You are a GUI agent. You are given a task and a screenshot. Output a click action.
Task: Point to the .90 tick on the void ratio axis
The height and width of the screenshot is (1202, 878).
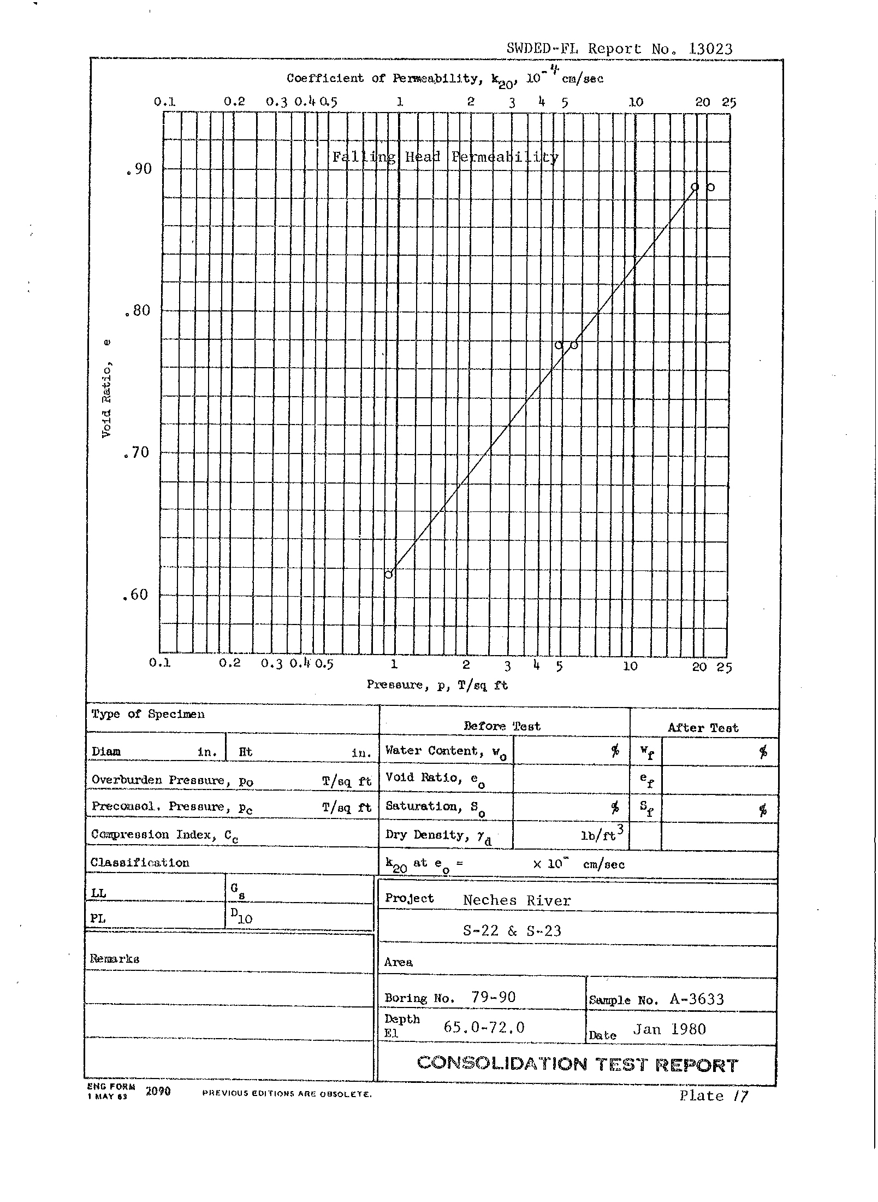click(x=138, y=169)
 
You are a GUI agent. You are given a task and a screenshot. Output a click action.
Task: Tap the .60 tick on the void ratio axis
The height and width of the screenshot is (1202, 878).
click(x=136, y=595)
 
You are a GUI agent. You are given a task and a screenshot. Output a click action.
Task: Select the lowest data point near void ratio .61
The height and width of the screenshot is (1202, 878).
click(x=389, y=574)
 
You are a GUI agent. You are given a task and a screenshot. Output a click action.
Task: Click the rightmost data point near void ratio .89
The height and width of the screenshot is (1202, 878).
click(x=710, y=187)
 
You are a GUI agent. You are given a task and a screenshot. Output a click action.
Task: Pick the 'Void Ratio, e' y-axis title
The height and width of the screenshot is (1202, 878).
click(x=106, y=388)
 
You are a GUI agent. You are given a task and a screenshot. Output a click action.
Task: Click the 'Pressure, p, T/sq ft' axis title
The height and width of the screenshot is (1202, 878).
click(x=437, y=685)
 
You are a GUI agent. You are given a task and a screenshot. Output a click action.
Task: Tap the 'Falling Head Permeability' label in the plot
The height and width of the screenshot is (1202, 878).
click(x=445, y=157)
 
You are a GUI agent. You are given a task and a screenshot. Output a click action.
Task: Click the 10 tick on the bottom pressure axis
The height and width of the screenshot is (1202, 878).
click(x=630, y=666)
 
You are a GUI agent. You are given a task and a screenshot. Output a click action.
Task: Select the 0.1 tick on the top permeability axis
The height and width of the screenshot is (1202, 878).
click(x=164, y=102)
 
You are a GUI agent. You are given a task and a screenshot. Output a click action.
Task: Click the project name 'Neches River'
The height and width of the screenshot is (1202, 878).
click(x=517, y=900)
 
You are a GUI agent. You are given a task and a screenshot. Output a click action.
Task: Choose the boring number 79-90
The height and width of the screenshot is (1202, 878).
click(x=493, y=997)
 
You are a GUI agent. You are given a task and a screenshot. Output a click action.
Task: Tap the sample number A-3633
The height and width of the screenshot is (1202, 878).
click(x=696, y=999)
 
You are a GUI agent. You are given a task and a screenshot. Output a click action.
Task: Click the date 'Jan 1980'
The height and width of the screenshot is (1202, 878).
click(x=669, y=1029)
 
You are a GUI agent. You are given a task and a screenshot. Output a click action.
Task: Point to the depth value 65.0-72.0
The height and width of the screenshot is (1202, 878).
click(x=484, y=1028)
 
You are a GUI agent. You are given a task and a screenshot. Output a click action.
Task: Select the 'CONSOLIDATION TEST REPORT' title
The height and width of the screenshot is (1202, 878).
click(x=577, y=1064)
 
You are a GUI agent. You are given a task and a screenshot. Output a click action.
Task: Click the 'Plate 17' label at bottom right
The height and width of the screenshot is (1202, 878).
click(x=714, y=1095)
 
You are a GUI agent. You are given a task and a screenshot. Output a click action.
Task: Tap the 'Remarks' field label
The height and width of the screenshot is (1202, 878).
click(x=115, y=959)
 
